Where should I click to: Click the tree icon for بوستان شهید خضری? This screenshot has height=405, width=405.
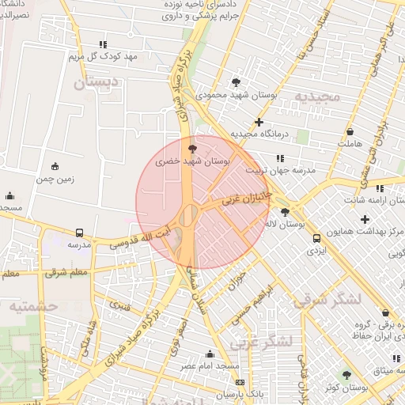pyautogui.click(x=191, y=148)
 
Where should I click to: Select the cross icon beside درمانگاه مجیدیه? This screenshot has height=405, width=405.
pyautogui.click(x=259, y=122)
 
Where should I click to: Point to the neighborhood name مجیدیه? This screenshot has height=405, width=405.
pyautogui.click(x=317, y=97)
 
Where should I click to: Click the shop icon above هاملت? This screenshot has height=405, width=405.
pyautogui.click(x=350, y=131)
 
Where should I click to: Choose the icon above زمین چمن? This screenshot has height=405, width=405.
pyautogui.click(x=55, y=166)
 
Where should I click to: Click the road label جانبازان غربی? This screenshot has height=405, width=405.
pyautogui.click(x=246, y=197)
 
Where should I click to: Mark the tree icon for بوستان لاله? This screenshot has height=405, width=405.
pyautogui.click(x=285, y=212)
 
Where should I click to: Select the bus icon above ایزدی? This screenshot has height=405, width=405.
pyautogui.click(x=316, y=238)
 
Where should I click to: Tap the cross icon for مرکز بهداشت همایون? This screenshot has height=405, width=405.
pyautogui.click(x=364, y=219)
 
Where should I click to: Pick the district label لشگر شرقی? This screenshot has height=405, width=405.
pyautogui.click(x=326, y=298)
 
